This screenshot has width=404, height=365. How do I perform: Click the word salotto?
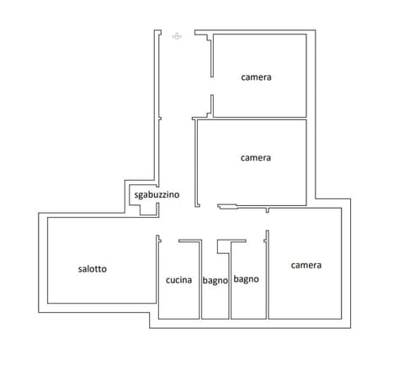pyautogui.click(x=93, y=269)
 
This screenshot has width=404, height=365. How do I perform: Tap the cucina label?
pyautogui.click(x=178, y=280)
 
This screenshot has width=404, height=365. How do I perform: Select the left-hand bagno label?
pyautogui.click(x=215, y=281)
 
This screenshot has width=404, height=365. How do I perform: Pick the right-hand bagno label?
pyautogui.click(x=246, y=279)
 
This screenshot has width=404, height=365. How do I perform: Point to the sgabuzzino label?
pyautogui.click(x=157, y=195)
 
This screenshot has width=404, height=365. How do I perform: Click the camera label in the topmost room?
pyautogui.click(x=256, y=77)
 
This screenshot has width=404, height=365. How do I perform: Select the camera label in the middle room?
pyautogui.click(x=256, y=157)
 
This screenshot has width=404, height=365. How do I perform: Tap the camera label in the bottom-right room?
pyautogui.click(x=306, y=266)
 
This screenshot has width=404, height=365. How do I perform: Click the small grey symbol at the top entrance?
pyautogui.click(x=177, y=35)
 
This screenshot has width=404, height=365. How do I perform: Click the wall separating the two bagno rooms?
pyautogui.click(x=230, y=286)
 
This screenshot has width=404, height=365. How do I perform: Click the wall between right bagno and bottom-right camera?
pyautogui.click(x=267, y=278)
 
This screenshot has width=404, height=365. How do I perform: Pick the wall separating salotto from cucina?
pyautogui.click(x=158, y=278)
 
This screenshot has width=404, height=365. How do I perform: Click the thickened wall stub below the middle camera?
pyautogui.click(x=227, y=205)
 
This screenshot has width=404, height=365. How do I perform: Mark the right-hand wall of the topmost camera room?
pyautogui.click(x=307, y=76)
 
